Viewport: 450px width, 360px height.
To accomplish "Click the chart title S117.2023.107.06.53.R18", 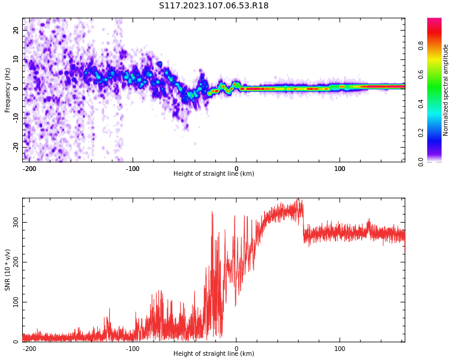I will pyautogui.click(x=214, y=6).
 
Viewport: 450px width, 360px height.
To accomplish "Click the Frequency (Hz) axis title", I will pyautogui.click(x=8, y=90).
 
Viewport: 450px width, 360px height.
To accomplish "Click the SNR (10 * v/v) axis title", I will pyautogui.click(x=8, y=270).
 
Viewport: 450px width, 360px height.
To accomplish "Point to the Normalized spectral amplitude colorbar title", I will pyautogui.click(x=446, y=90).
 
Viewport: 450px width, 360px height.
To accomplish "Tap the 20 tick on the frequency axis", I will pyautogui.click(x=16, y=30).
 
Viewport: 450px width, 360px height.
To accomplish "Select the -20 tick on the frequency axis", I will pyautogui.click(x=16, y=146).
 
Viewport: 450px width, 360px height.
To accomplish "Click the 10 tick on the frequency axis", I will pyautogui.click(x=16, y=59).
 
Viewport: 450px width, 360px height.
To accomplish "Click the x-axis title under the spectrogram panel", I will pyautogui.click(x=214, y=174).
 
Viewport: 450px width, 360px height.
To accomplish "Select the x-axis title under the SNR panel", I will pyautogui.click(x=214, y=354).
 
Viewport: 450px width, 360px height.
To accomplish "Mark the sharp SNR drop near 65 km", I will pyautogui.click(x=304, y=225).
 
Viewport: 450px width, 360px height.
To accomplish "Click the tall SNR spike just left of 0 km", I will pyautogui.click(x=212, y=214).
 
